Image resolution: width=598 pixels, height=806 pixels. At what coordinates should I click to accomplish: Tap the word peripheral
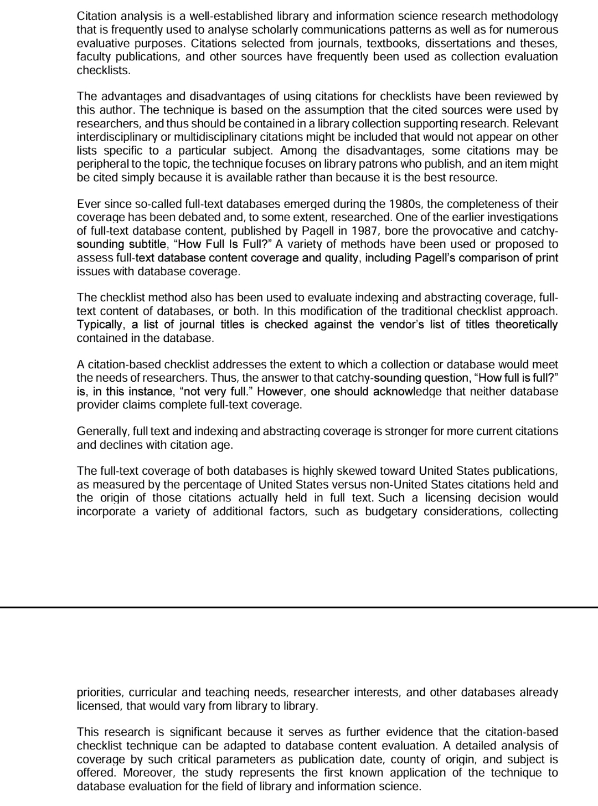[102, 164]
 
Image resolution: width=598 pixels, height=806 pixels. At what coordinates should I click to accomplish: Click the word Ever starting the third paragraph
[89, 204]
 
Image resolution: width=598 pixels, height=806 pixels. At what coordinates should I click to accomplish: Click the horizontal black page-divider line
[299, 608]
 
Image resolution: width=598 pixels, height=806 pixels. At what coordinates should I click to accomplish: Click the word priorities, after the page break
[99, 692]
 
